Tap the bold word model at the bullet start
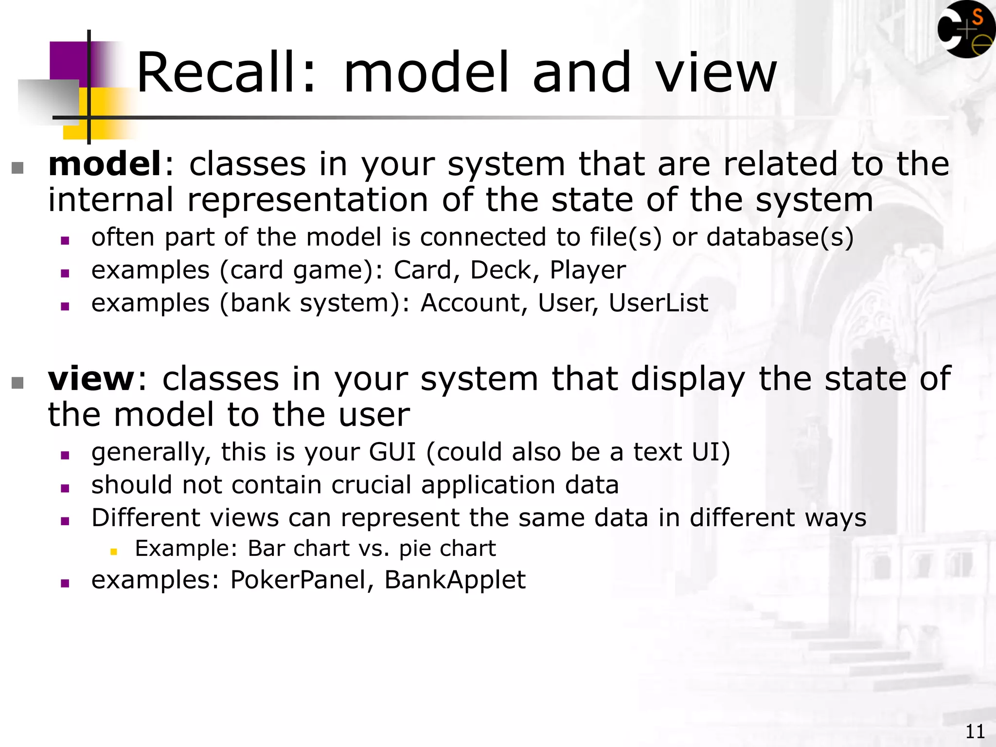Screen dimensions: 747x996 click(x=105, y=164)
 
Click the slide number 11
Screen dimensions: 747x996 click(x=975, y=731)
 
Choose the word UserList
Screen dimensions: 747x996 click(x=658, y=303)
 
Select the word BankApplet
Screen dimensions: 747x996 click(x=455, y=580)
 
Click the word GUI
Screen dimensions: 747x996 click(x=392, y=452)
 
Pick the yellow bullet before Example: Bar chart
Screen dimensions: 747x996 click(x=114, y=551)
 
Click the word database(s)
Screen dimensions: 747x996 click(x=780, y=237)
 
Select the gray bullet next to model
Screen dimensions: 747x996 click(x=18, y=168)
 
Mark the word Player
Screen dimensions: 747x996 click(x=587, y=271)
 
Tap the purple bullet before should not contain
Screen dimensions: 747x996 click(x=65, y=488)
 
